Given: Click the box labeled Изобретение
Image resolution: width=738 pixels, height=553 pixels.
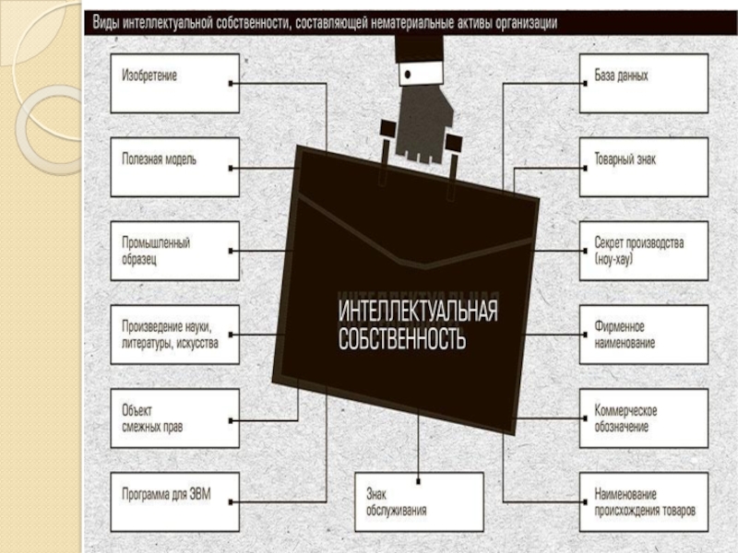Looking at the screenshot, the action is [174, 83].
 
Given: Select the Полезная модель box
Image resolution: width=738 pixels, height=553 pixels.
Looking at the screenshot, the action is [174, 167].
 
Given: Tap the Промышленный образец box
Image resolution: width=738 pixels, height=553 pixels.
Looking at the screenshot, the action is [174, 251].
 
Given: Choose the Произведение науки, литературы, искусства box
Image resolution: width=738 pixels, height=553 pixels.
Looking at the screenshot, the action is [174, 335].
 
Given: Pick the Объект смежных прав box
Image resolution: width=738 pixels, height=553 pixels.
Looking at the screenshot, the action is [174, 418].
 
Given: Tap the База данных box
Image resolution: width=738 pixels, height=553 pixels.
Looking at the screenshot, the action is [643, 83].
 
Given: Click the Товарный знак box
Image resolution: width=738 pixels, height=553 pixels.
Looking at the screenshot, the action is [643, 167].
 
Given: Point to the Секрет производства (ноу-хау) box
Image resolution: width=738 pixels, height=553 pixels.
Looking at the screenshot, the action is [643, 251].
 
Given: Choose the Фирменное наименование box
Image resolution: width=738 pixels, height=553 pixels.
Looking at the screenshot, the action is [643, 335].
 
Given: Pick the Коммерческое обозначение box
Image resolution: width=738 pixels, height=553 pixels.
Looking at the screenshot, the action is [643, 418].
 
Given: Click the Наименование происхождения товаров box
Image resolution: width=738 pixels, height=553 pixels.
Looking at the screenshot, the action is [643, 501].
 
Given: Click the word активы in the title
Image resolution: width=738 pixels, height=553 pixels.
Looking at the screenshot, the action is [455, 23].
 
